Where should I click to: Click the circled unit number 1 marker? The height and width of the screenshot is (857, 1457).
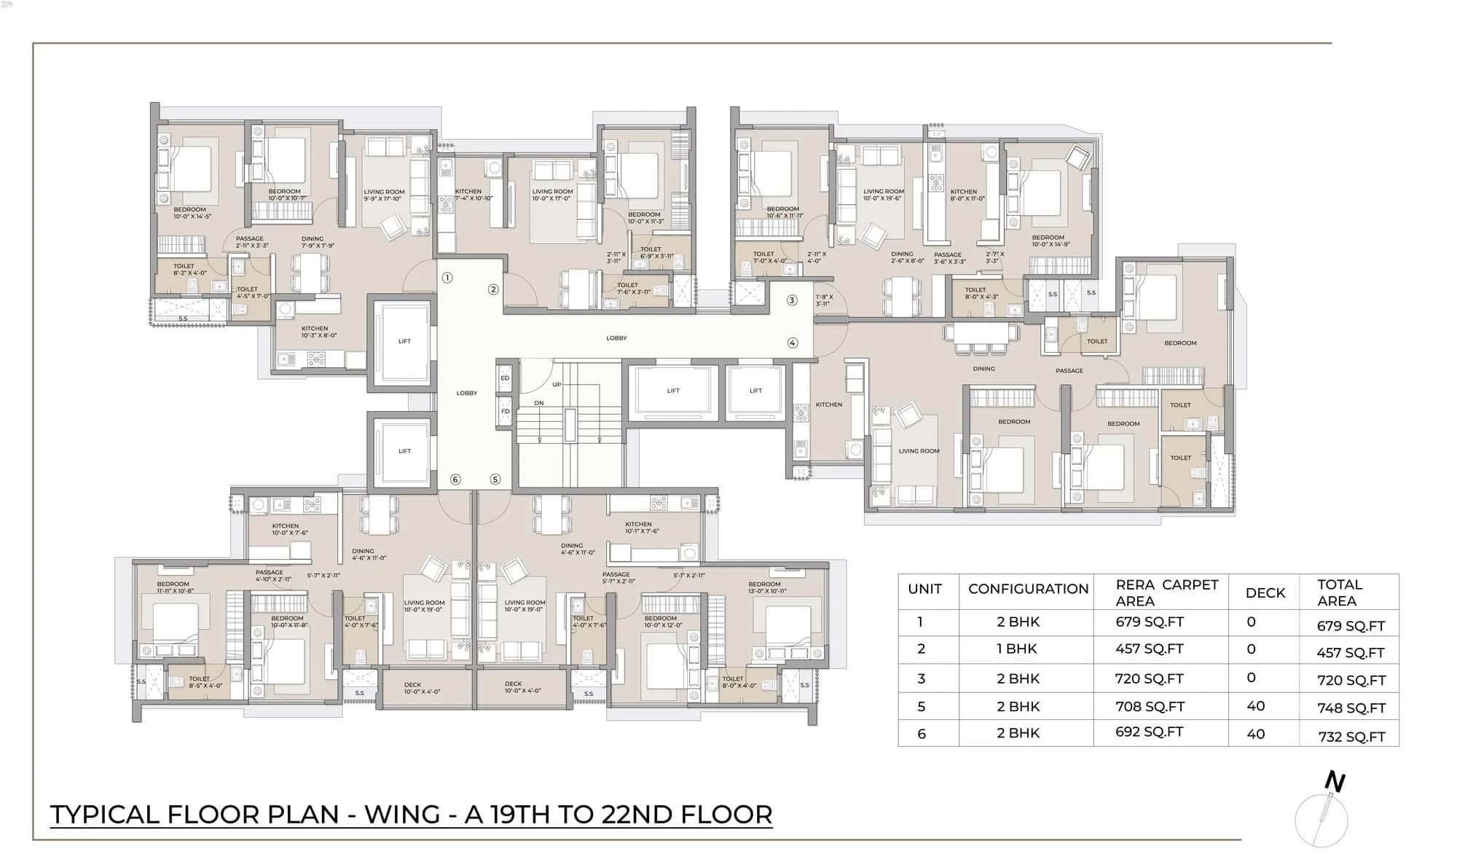[x=447, y=278]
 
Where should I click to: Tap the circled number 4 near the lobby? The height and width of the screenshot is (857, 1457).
[x=793, y=343]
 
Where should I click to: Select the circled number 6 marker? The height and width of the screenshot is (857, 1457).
[x=455, y=480]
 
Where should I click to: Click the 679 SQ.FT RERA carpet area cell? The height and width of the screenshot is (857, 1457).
[x=1149, y=622]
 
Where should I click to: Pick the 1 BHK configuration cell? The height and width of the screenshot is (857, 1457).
[x=1017, y=649]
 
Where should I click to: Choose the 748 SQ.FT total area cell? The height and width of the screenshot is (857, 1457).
[x=1350, y=708]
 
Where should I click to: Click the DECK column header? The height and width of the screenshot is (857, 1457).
[x=1265, y=592]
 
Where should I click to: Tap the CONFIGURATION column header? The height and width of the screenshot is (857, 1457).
[x=1028, y=589]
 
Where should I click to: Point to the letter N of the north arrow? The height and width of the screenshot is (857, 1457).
[x=1335, y=781]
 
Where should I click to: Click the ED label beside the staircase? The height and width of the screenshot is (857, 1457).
[x=505, y=378]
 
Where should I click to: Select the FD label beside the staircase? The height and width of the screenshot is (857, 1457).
[x=505, y=411]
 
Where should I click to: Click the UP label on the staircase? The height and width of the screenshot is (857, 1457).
[x=557, y=385]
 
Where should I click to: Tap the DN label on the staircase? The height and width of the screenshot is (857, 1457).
[x=539, y=403]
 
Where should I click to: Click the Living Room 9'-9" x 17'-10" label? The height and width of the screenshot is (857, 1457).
[x=385, y=195]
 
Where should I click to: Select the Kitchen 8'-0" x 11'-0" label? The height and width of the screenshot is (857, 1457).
[x=967, y=195]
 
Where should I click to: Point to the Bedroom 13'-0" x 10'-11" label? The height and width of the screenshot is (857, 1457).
[x=766, y=587]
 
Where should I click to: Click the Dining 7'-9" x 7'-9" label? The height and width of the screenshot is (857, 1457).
[x=318, y=242]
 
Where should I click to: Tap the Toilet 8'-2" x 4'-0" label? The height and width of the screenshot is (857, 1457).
[x=189, y=269]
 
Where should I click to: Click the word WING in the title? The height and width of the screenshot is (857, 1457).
[x=401, y=814]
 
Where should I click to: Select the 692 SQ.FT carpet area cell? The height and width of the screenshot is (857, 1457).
[x=1149, y=732]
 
